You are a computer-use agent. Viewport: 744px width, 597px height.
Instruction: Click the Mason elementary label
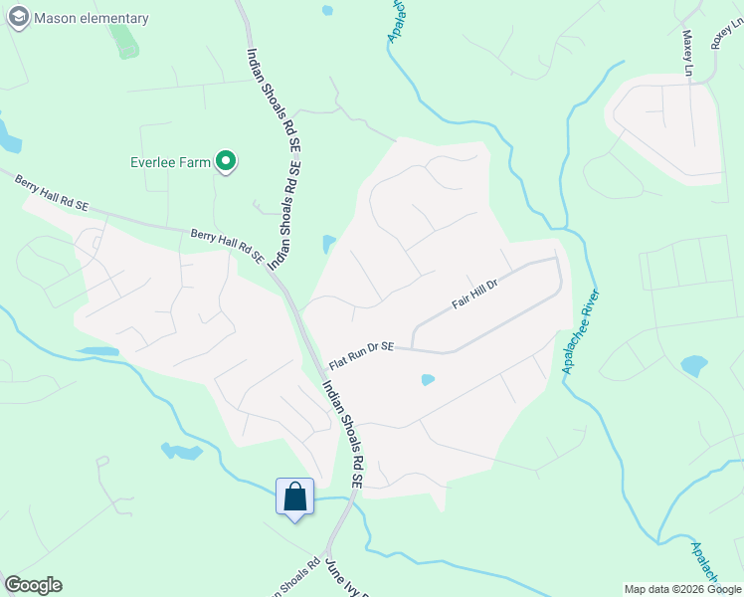click(91, 18)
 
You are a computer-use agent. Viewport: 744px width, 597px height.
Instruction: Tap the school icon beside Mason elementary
click(18, 17)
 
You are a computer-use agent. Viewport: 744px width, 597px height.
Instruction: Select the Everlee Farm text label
click(171, 162)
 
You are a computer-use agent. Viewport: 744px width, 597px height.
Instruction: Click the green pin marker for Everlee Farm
click(227, 161)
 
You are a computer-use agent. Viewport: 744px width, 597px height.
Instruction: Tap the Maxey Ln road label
click(687, 53)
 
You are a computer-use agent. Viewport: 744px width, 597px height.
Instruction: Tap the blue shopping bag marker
click(295, 496)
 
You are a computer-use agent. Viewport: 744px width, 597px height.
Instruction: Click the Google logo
click(33, 585)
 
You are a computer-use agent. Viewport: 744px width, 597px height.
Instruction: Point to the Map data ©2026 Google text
click(682, 589)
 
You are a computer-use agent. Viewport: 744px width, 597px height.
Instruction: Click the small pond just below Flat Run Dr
click(428, 379)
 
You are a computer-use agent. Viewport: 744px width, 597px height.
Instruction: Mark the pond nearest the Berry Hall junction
click(328, 245)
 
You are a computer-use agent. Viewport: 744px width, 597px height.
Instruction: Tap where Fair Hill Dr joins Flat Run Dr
click(411, 348)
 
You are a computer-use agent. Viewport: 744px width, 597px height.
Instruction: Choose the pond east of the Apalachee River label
click(693, 365)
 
